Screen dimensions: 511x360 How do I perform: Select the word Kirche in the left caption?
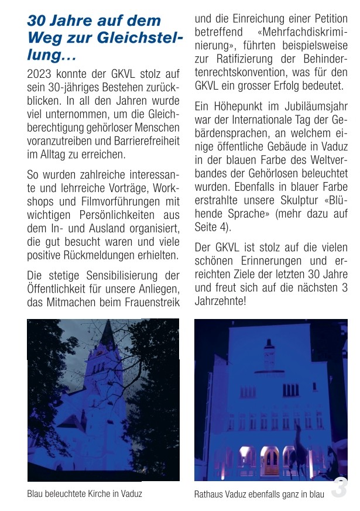click(95, 493)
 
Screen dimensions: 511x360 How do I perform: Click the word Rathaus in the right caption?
click(209, 494)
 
